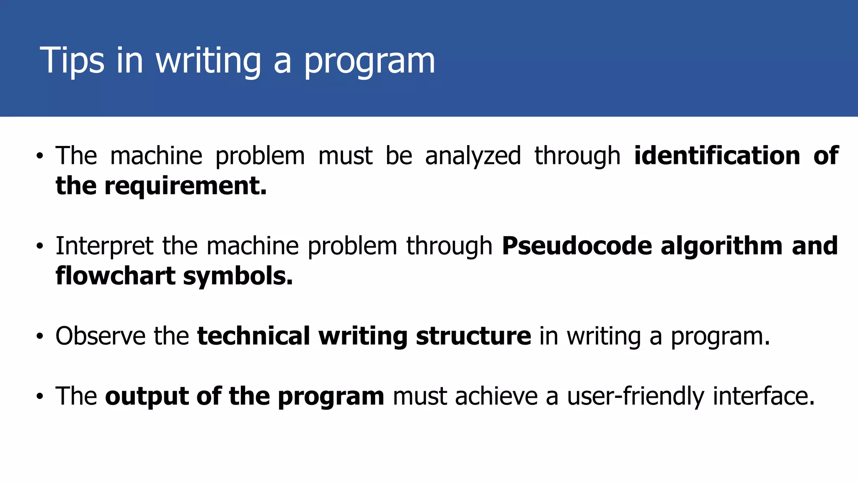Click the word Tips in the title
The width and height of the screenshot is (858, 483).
72,61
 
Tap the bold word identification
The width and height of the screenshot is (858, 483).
717,156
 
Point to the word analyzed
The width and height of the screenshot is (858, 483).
473,156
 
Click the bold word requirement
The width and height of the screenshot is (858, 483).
185,186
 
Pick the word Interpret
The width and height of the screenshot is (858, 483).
104,246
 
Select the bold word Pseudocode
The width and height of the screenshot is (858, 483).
577,246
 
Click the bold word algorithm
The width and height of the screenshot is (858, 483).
721,246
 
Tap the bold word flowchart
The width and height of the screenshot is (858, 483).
116,276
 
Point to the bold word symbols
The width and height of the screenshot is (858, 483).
238,276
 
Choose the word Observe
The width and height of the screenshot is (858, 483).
101,336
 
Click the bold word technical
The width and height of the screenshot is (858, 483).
253,336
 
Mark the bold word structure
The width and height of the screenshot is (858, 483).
473,336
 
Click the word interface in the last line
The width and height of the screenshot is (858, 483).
764,396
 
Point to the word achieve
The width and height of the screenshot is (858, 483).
496,396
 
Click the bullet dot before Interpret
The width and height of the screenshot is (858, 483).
40,246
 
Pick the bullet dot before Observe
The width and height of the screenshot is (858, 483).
40,336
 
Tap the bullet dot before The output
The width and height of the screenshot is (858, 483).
40,397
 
